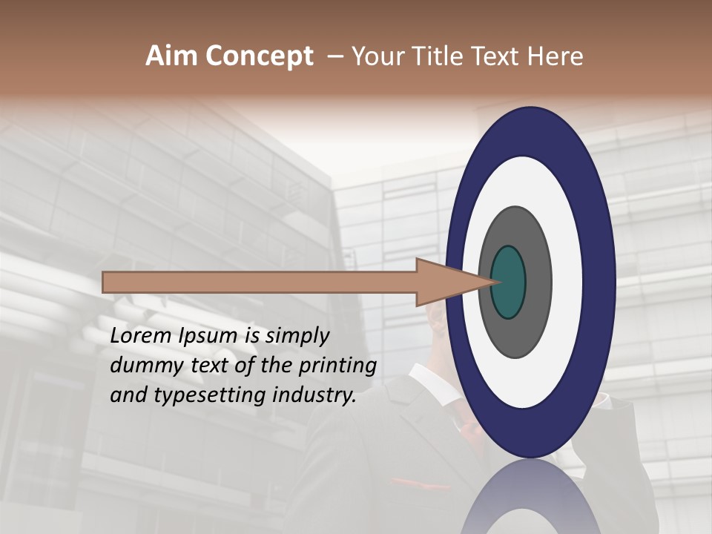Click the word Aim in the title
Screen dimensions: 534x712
click(x=171, y=56)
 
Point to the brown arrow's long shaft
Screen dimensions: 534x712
click(x=260, y=282)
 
